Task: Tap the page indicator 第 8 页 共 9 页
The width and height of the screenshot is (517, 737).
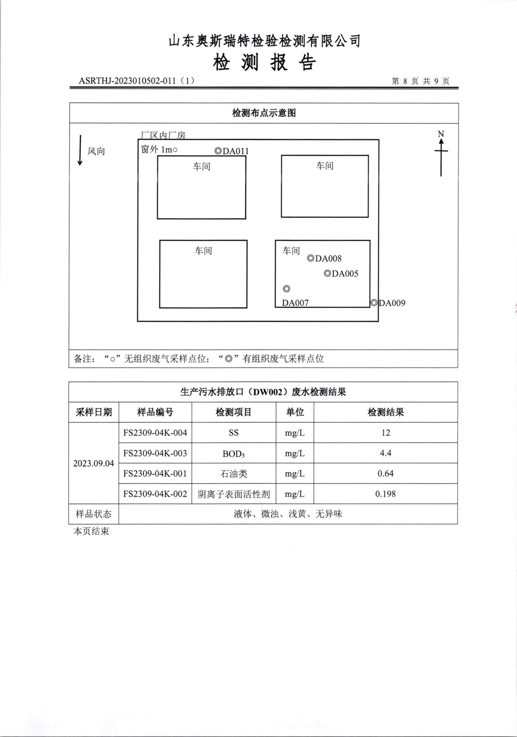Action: pos(420,81)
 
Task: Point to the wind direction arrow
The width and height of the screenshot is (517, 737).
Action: pos(80,150)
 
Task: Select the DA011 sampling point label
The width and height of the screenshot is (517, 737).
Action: pos(232,151)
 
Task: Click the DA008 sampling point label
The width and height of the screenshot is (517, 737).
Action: pos(325,258)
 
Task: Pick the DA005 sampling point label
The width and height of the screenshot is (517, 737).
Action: pos(341,274)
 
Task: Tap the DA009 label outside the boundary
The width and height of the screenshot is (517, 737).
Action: pos(388,303)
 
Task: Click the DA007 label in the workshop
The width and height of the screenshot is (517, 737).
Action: pos(295,303)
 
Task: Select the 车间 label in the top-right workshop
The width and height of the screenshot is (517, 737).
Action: pos(325,166)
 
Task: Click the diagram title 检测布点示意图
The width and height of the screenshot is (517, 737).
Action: pos(264,113)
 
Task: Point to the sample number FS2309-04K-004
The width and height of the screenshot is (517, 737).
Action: pos(155,433)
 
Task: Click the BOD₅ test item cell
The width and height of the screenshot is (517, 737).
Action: pos(234,454)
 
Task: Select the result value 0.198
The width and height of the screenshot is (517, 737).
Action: pos(385,494)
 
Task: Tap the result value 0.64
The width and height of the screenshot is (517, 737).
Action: pos(385,473)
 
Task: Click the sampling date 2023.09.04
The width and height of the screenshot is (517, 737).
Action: pos(94,463)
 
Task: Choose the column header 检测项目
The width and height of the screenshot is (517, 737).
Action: pos(234,412)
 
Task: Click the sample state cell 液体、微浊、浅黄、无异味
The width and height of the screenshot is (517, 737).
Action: pos(288,514)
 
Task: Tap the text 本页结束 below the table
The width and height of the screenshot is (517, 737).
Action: pos(91,531)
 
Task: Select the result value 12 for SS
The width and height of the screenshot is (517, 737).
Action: pos(385,433)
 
